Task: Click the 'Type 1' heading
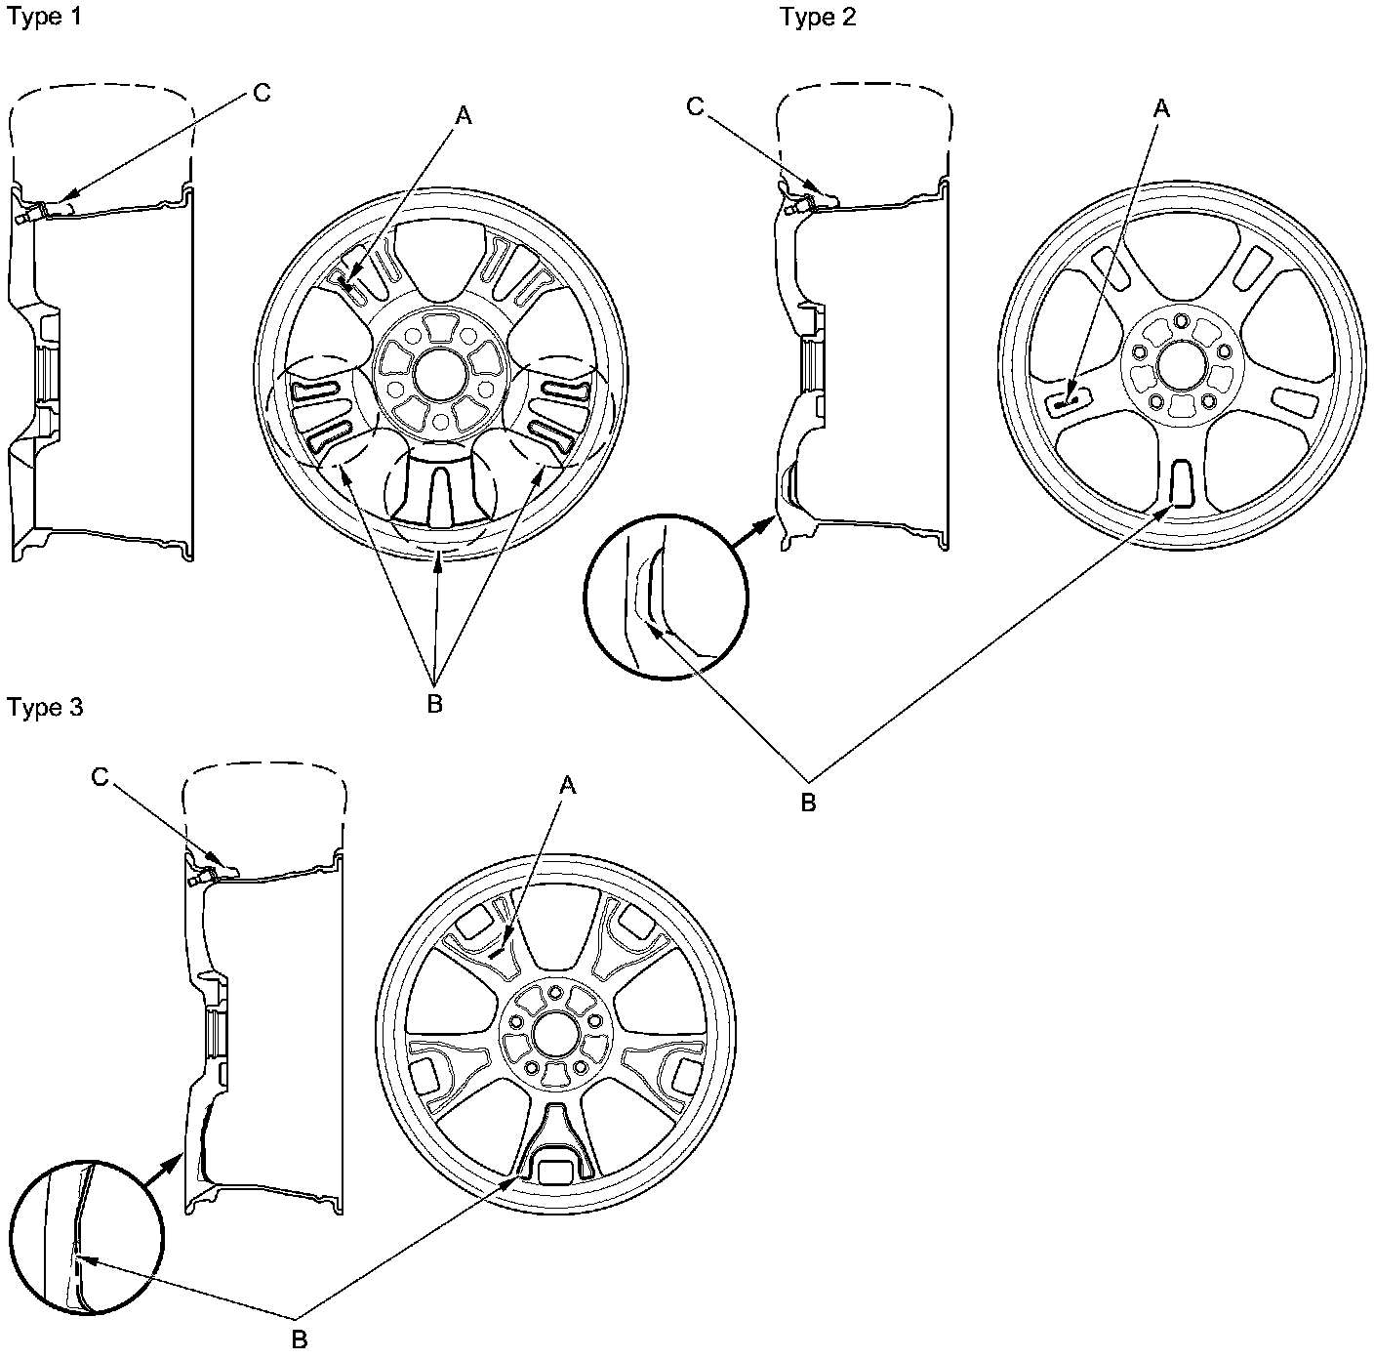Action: click(x=44, y=19)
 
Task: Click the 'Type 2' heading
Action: click(x=818, y=18)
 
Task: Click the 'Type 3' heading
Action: click(x=45, y=707)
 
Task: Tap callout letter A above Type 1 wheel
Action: click(x=464, y=115)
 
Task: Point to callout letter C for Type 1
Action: click(x=261, y=93)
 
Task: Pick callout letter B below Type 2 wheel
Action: click(x=808, y=803)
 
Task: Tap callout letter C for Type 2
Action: click(x=696, y=106)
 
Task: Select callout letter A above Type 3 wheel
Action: click(x=567, y=785)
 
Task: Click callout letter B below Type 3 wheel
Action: click(x=301, y=1338)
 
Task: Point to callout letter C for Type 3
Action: click(x=100, y=776)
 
